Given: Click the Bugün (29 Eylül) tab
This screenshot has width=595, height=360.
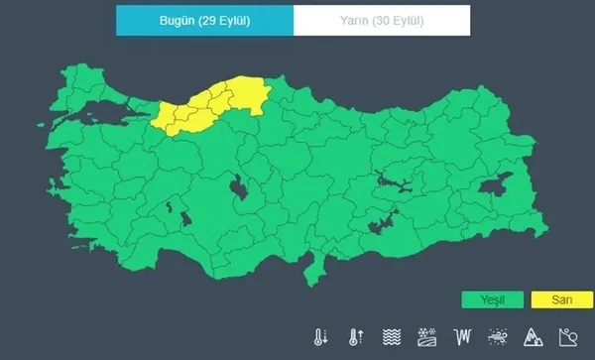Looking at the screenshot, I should (x=204, y=20).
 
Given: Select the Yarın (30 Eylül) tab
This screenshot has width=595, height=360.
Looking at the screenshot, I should (x=381, y=20).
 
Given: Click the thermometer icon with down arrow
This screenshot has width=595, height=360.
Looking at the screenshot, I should (x=320, y=336).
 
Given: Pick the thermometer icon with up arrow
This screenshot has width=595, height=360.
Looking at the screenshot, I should (x=355, y=336).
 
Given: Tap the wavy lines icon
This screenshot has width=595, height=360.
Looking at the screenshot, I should (x=391, y=336).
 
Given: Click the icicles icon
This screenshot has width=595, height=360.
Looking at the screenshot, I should (x=461, y=336).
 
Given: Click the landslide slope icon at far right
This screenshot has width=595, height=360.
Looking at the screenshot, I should (x=567, y=336).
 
